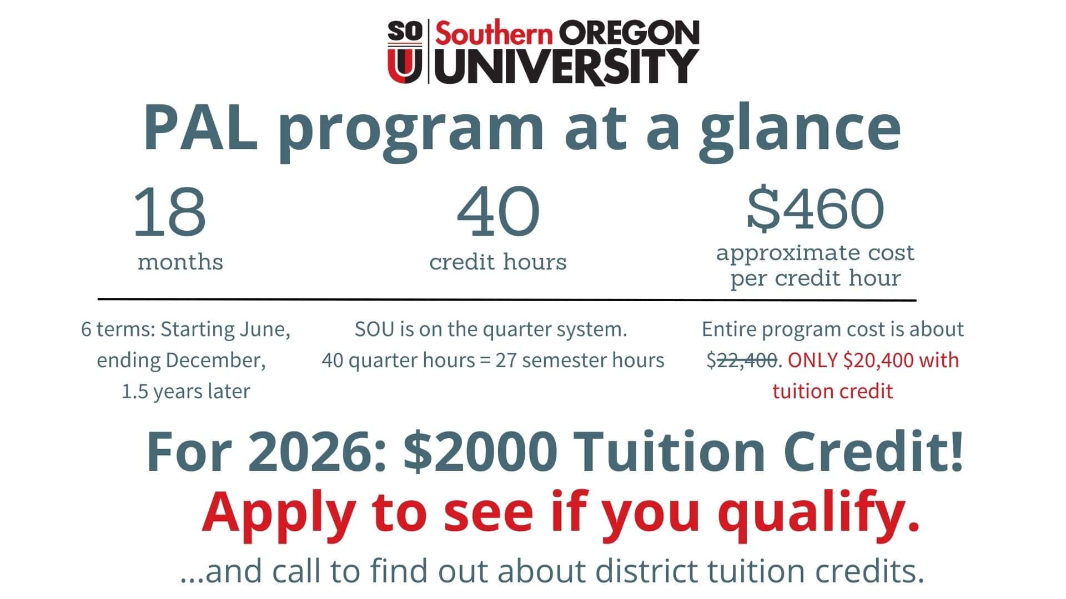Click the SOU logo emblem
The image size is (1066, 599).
405,52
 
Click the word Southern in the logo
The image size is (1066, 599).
494,34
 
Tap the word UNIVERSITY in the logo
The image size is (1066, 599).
566,67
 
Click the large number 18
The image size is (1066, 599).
169,211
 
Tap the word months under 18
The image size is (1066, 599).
180,262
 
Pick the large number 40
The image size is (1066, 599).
497,211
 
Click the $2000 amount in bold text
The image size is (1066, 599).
481,451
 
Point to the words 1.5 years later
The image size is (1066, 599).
185,392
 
